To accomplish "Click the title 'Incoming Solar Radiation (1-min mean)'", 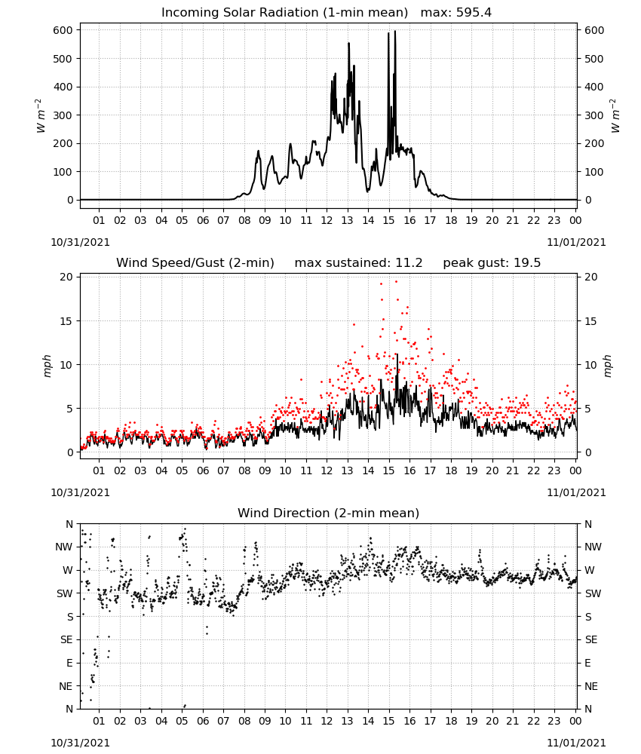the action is point(284,13).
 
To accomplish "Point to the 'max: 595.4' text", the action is point(456,13).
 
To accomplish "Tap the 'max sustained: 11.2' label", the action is point(358,263).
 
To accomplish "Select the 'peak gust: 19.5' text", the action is point(492,263).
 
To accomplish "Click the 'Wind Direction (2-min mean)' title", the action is point(329,513).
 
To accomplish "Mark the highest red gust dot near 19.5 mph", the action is point(396,282).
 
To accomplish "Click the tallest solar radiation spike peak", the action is point(395,31).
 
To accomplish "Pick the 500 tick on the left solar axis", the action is point(63,59).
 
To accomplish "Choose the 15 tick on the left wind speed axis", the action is point(66,321).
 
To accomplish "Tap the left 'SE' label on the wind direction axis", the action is point(66,640).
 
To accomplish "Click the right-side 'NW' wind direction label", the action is point(593,547).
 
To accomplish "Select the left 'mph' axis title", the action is point(47,366).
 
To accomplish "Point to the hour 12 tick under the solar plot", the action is point(327,220).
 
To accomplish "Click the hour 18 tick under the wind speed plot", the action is point(451,470).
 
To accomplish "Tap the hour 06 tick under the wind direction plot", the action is point(203,721).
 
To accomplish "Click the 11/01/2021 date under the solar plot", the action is point(576,242).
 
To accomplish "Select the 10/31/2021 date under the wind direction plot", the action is point(80,743).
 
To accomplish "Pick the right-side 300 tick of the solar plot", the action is point(594,115).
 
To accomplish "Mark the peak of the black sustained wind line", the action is point(397,354).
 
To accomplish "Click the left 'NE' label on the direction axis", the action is point(66,686).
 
